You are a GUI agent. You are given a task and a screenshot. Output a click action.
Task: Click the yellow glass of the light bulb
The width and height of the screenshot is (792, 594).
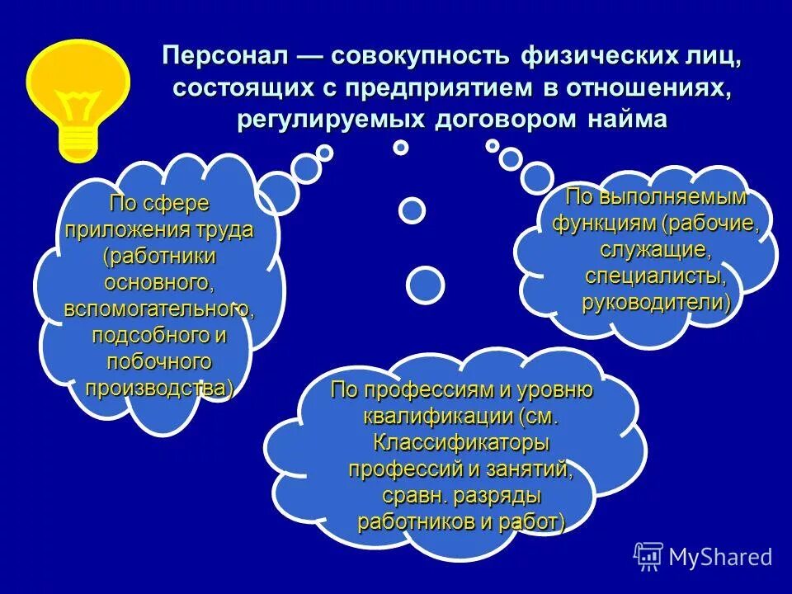78,82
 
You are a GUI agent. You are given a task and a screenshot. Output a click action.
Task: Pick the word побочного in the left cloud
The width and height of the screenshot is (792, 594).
159,361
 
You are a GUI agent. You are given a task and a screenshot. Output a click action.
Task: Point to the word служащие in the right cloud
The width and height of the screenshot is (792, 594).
656,249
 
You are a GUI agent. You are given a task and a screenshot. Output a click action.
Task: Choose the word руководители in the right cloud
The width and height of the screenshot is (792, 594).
656,302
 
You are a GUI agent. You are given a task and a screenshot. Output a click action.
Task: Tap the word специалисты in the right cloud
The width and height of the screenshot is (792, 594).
656,276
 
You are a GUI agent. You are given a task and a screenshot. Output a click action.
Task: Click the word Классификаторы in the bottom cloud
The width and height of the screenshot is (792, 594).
461,442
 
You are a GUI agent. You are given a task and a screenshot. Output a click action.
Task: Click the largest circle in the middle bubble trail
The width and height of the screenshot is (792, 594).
426,285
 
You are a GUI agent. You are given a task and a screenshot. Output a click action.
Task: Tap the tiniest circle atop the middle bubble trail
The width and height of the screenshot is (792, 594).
401,148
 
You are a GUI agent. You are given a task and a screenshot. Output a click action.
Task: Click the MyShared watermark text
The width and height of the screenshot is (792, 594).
720,557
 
